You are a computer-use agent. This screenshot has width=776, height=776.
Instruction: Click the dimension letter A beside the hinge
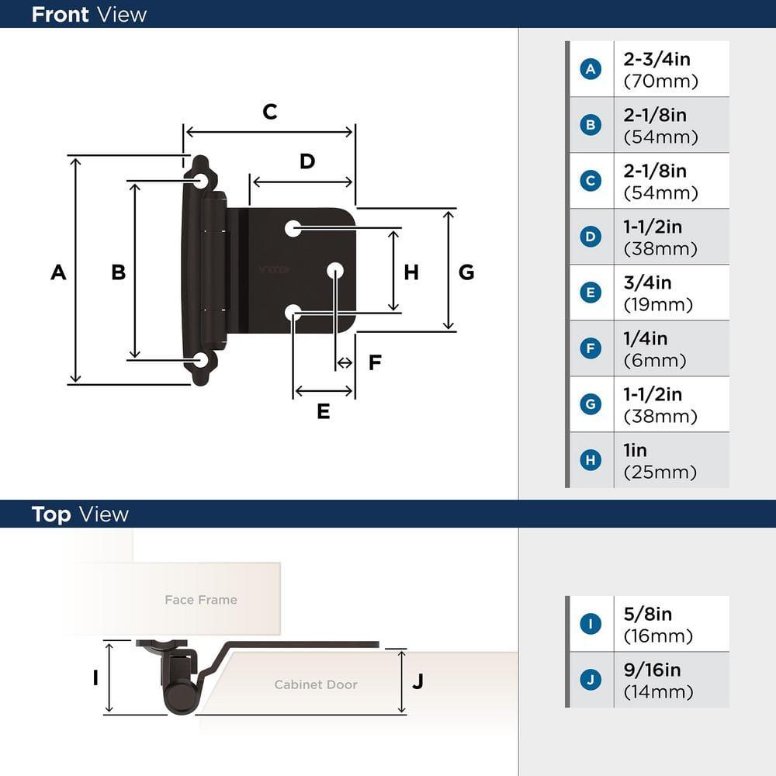[58, 272]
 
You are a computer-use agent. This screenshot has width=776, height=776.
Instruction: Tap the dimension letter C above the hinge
[269, 112]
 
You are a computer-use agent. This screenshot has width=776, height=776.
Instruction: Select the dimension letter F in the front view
[375, 362]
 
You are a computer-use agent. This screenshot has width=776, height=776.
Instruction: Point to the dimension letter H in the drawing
[411, 272]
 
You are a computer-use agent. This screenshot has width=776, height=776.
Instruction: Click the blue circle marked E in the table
[591, 293]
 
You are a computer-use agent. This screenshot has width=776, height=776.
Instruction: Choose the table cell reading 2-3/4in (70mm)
[670, 69]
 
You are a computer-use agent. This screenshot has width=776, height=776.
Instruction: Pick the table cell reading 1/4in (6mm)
[670, 348]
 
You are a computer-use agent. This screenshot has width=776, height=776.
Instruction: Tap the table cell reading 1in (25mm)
[670, 460]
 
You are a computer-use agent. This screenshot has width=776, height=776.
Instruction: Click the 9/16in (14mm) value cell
[670, 680]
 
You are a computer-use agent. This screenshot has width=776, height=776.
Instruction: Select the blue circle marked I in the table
[591, 624]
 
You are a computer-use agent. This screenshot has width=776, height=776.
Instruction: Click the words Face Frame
[201, 600]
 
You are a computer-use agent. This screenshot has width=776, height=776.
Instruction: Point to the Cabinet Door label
[316, 684]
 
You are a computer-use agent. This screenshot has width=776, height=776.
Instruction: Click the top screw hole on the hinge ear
[201, 181]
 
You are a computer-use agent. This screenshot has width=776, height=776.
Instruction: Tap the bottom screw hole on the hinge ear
[201, 360]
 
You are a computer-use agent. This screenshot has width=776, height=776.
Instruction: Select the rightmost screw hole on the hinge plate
[335, 270]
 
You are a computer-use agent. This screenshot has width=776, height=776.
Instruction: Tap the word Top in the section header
[51, 514]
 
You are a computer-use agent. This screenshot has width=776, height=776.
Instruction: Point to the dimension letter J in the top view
[417, 681]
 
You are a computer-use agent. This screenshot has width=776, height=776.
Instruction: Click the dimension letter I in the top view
[95, 677]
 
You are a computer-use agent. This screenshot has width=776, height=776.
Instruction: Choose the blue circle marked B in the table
[591, 125]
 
